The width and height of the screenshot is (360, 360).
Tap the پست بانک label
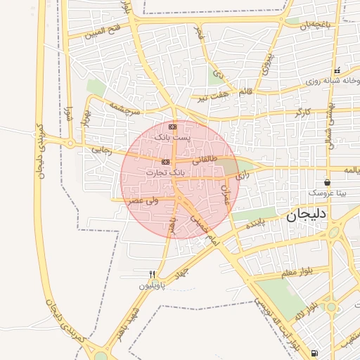click(x=172, y=138)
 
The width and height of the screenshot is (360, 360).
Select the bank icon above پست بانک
click(x=173, y=127)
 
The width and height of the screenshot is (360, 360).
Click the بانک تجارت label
click(x=167, y=172)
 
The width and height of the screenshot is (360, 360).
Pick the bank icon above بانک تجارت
click(x=165, y=161)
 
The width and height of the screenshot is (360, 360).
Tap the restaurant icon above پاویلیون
click(x=151, y=274)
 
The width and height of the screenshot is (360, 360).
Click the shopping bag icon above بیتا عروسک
click(x=327, y=182)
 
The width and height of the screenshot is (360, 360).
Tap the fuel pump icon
click(x=314, y=352)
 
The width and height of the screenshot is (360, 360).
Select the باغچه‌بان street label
click(x=313, y=26)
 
